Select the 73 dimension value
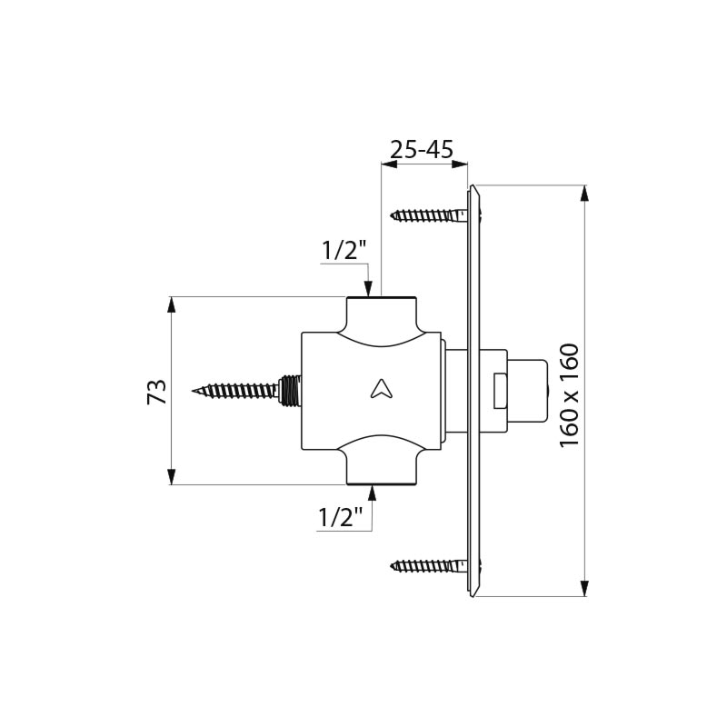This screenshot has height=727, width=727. (157, 392)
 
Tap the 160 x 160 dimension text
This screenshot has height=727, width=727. (569, 394)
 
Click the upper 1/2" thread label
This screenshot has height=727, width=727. (343, 251)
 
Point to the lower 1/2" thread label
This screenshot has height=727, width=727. (341, 517)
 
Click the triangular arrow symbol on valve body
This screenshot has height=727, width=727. (380, 389)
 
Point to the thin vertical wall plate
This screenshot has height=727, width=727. (472, 391)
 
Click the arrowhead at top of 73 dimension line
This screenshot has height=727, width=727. (171, 304)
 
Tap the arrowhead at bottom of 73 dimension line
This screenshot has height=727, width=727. (171, 477)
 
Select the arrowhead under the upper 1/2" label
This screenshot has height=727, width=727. (369, 289)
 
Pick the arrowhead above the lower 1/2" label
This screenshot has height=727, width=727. (372, 492)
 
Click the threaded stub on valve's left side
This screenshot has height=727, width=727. (291, 390)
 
